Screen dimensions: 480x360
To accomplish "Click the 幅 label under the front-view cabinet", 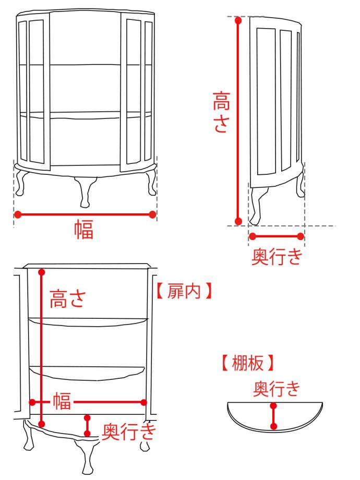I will (x=83, y=229).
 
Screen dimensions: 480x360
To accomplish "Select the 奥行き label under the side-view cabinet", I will (x=277, y=256).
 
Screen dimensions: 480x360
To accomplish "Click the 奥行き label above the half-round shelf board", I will (x=277, y=389).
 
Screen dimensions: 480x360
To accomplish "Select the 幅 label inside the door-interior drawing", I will (x=62, y=402).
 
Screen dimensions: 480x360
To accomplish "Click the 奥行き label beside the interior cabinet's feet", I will (x=128, y=431).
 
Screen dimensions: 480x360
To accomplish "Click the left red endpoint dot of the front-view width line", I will (x=18, y=214).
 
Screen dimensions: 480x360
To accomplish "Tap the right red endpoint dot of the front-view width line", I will (x=152, y=214).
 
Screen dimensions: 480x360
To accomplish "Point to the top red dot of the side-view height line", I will (x=238, y=21).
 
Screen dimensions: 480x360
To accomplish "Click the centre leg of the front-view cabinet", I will (x=85, y=192).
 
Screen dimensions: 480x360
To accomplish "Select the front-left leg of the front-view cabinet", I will (x=22, y=183).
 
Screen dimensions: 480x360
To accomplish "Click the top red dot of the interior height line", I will (x=42, y=272).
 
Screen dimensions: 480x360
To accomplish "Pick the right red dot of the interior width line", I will (x=144, y=402).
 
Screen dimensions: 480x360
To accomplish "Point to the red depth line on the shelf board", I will (x=273, y=416).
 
